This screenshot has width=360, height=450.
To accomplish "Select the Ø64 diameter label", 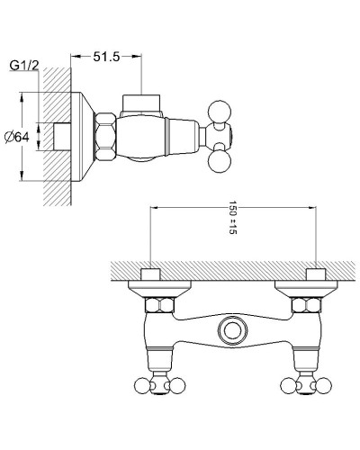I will pos(19,136).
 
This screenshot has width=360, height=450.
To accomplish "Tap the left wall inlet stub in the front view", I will pos(152,273).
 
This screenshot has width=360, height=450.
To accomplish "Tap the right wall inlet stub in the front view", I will pos(314,273).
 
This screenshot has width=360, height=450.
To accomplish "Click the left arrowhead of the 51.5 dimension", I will pos(73,57).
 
